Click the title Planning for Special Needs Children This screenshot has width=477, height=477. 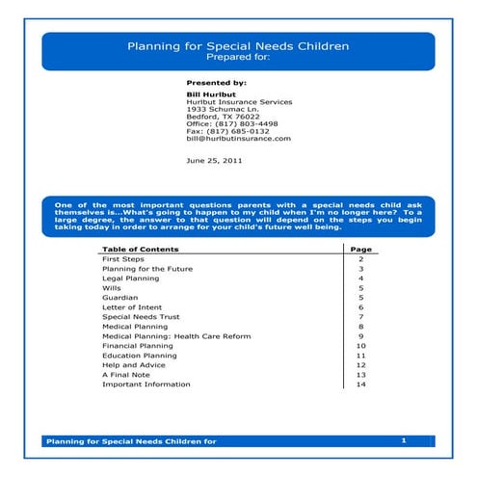(x=238, y=45)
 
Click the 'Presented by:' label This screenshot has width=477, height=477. (x=216, y=84)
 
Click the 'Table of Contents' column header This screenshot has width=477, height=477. (x=140, y=250)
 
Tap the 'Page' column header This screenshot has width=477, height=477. (x=360, y=250)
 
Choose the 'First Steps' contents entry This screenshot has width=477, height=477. (x=123, y=259)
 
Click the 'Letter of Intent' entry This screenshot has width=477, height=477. (x=131, y=307)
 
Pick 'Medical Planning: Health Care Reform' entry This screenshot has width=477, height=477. (x=176, y=336)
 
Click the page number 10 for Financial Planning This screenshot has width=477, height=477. (x=360, y=346)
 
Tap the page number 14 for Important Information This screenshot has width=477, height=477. (x=360, y=384)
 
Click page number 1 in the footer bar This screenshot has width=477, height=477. (x=404, y=439)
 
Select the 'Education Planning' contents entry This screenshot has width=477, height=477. (x=139, y=356)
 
